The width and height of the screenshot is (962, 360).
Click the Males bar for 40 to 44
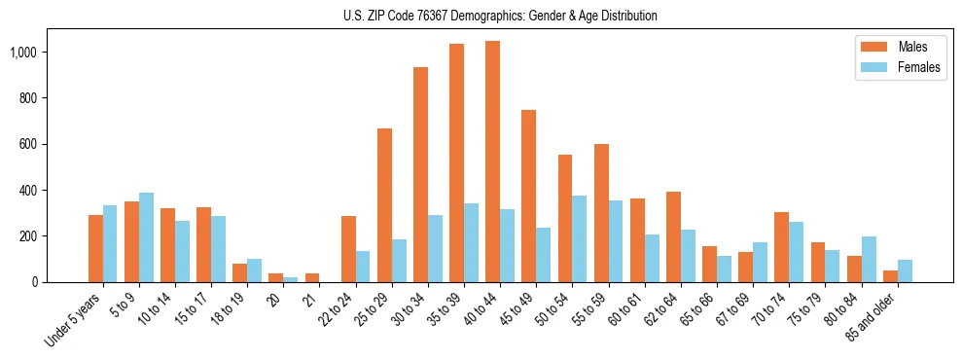point(492,162)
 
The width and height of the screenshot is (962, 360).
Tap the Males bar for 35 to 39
point(456,162)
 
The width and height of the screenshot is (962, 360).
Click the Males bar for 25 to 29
point(384,205)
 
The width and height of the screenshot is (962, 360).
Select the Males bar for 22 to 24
point(348,249)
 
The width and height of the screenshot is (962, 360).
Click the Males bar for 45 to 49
point(528,196)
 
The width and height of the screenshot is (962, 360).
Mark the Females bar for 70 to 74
point(797,252)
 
